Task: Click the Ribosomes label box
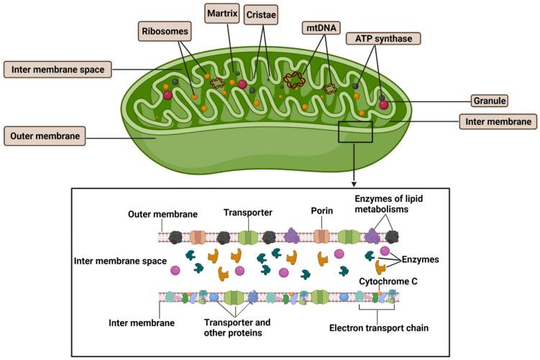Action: [x=165, y=32]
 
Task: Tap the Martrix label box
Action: [x=222, y=14]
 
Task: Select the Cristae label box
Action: [x=261, y=15]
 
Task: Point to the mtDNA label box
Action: [x=321, y=27]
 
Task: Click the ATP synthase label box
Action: [x=383, y=39]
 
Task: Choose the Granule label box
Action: [x=490, y=101]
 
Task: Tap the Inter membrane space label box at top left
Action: [x=58, y=70]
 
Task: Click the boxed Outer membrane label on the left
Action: [x=45, y=136]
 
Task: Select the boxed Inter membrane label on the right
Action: [x=498, y=121]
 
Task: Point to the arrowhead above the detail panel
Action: [x=354, y=184]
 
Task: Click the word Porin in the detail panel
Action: [x=322, y=211]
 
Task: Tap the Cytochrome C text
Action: [x=388, y=282]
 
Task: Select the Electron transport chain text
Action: [x=379, y=328]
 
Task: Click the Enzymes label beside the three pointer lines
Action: [x=421, y=259]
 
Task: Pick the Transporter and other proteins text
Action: [x=237, y=328]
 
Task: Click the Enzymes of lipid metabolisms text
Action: [x=389, y=204]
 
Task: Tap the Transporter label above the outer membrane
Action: [x=248, y=213]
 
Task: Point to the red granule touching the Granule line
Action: [x=384, y=104]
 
